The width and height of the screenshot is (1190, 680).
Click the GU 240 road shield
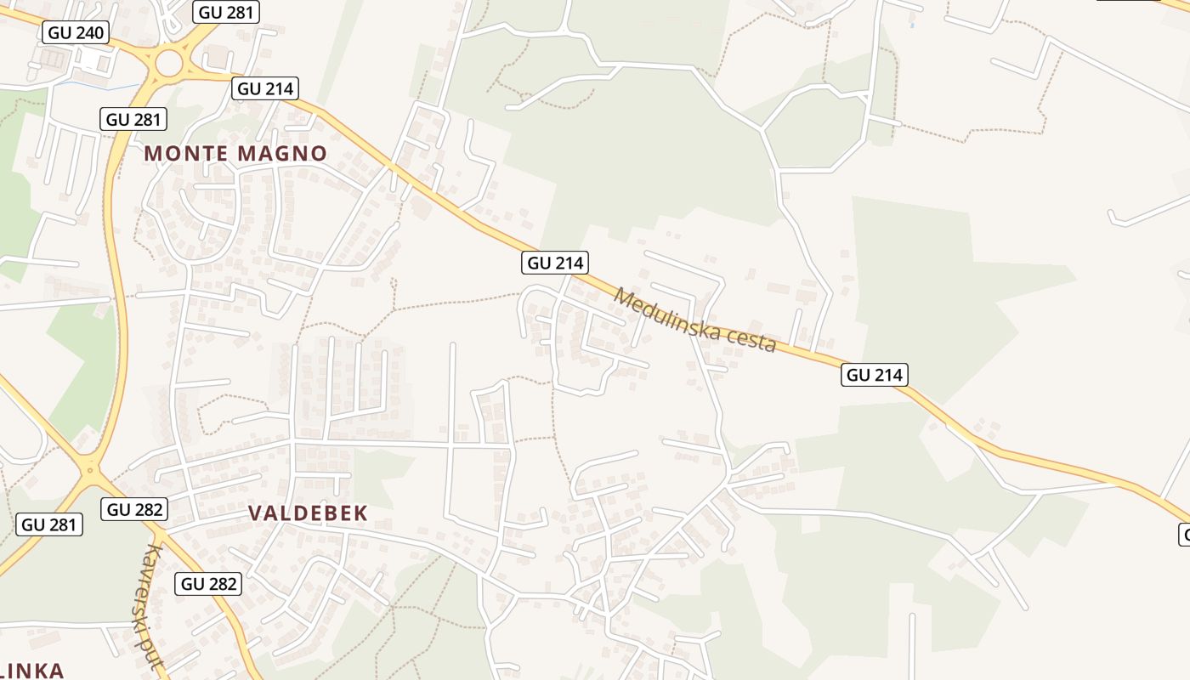[76, 33]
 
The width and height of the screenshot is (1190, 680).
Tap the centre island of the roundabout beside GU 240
[169, 62]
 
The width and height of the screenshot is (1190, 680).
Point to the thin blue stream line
[102, 86]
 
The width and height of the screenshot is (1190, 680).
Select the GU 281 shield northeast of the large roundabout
[226, 11]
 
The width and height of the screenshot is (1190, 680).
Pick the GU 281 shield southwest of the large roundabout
[133, 119]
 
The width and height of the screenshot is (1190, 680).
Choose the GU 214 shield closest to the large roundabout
[265, 88]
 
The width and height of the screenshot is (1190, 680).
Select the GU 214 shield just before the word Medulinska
[556, 263]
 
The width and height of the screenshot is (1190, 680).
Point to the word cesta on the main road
[745, 337]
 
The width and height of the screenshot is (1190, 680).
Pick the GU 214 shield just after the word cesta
[875, 375]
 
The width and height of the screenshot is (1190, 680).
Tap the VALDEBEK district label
[308, 513]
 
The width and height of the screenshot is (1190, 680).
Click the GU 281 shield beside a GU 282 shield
[49, 524]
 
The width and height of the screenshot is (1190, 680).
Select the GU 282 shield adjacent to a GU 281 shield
[134, 509]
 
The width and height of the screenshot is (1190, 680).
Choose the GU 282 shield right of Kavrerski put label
[209, 584]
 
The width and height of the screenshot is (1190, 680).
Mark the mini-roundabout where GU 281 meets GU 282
[90, 468]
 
